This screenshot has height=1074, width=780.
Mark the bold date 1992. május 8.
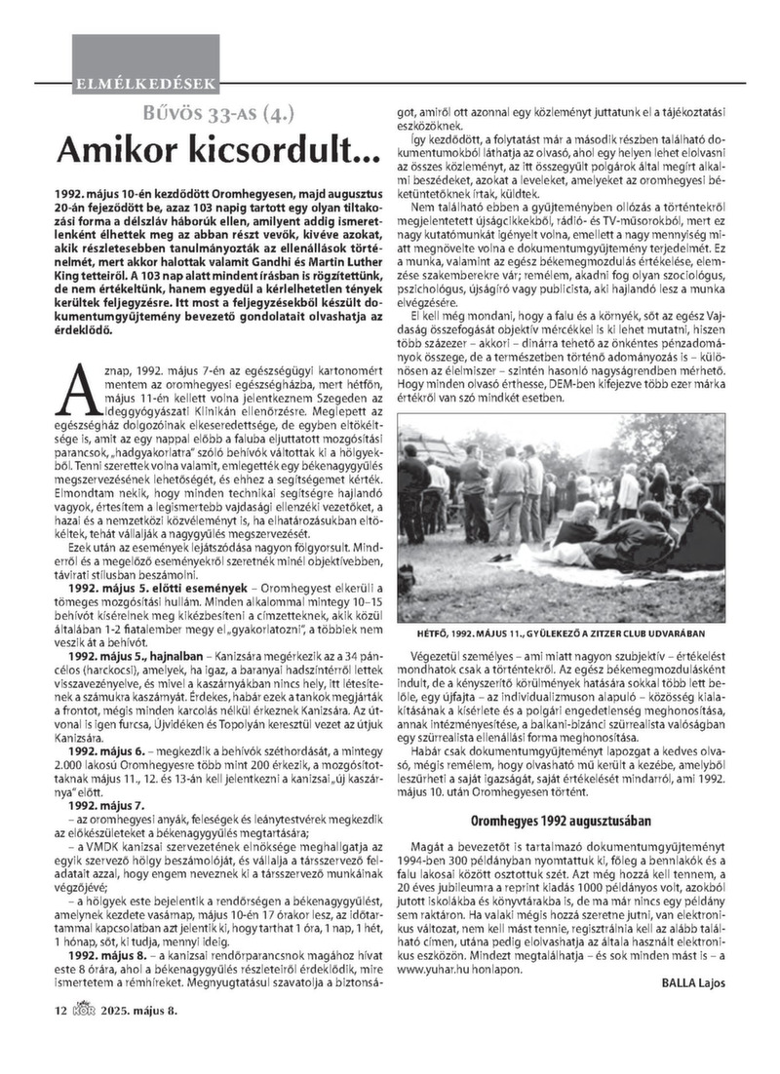[x=105, y=983]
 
